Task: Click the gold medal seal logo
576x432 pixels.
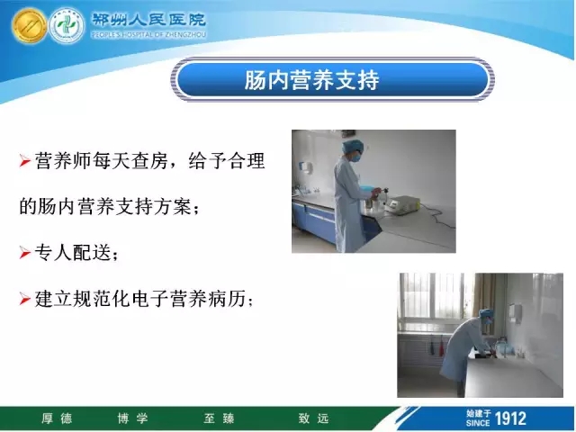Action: [x=29, y=26]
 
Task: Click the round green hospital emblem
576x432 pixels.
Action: [x=67, y=26]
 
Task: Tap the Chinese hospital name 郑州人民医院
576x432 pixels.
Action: [x=148, y=20]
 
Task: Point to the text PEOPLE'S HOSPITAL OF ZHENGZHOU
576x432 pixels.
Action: [x=148, y=35]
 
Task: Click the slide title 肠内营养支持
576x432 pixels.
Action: [x=311, y=80]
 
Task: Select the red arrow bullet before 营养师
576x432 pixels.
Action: [x=24, y=161]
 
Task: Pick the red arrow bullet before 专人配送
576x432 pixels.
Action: [x=24, y=253]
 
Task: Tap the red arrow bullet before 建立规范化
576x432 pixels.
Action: [x=24, y=299]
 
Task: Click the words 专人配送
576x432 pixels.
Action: [x=73, y=252]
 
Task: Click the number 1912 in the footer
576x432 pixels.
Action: [x=510, y=418]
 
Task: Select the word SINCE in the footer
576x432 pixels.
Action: [x=478, y=423]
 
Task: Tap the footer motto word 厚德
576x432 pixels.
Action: [x=57, y=418]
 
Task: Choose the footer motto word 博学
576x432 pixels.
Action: [x=132, y=418]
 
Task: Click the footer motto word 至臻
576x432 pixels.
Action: [x=219, y=418]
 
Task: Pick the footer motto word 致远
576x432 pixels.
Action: [x=313, y=418]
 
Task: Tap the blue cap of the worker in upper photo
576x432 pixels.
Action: [x=352, y=147]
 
